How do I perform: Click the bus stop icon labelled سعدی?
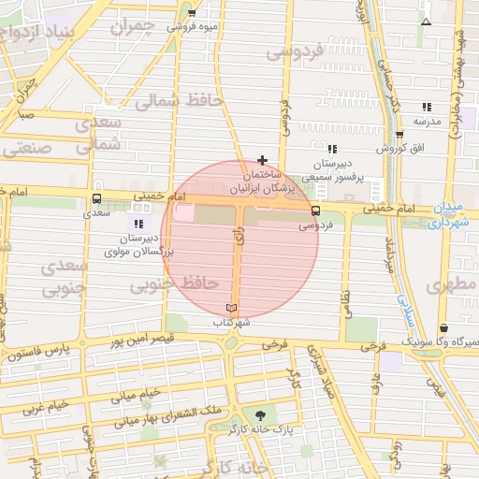point(97,199)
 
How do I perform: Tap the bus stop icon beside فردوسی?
point(315,210)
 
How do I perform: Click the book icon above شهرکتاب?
point(232,308)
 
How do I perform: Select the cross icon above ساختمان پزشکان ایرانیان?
point(262,160)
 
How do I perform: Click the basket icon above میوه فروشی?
point(192,13)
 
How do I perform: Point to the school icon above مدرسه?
point(427,107)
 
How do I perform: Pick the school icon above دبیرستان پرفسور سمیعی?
point(331,149)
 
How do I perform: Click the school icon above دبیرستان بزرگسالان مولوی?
point(139,224)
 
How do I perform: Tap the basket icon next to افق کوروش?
point(399,135)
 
